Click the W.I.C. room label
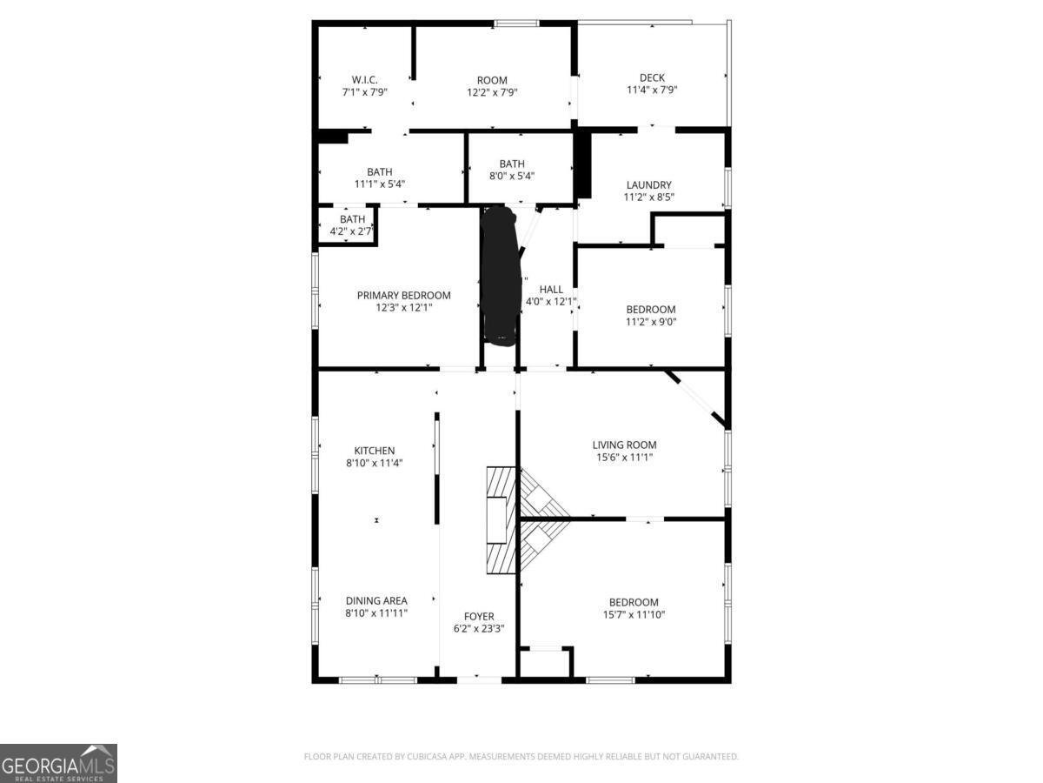coord(364,79)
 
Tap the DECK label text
coord(652,77)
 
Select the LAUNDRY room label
coord(648,184)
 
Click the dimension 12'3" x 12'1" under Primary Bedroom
coord(403,307)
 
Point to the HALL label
coord(551,289)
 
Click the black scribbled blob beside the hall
coord(500,275)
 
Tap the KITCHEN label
coord(374,451)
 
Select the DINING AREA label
coord(376,600)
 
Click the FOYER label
coord(479,616)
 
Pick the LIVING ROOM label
coord(624,445)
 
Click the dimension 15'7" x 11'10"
coord(634,614)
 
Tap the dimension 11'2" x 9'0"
coord(651,321)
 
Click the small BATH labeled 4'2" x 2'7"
coord(352,219)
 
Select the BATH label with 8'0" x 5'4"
coord(512,164)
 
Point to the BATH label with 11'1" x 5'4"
coord(380,171)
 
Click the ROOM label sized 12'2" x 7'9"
coord(492,80)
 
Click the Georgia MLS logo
coord(58,763)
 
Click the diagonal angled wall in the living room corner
coord(696,399)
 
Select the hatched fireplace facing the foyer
coord(501,519)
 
